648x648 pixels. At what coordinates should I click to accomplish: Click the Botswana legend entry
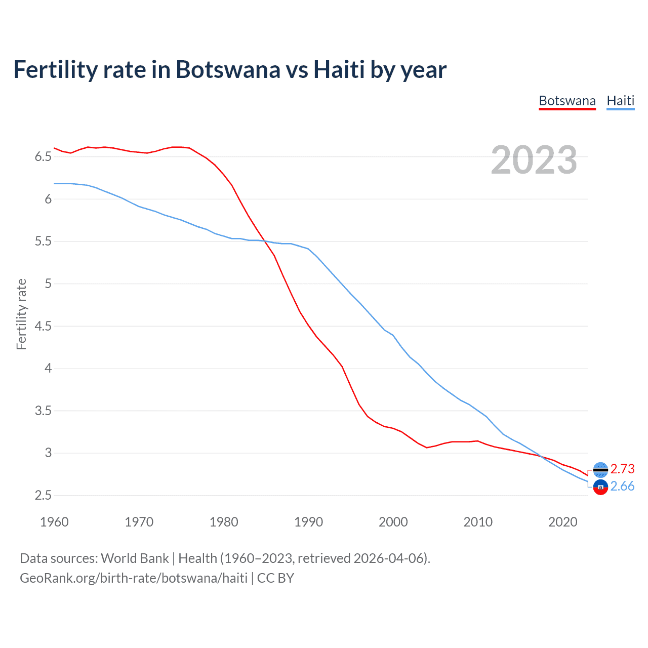pos(567,101)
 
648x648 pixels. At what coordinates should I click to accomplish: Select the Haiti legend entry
pos(620,101)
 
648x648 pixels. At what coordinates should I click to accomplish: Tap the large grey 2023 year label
pos(534,160)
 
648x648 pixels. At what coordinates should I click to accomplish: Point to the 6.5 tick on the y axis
pos(43,157)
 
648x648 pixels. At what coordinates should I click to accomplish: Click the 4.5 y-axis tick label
pos(43,326)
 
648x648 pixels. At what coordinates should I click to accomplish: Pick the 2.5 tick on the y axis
pos(43,495)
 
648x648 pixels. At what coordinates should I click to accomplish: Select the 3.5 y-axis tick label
pos(43,411)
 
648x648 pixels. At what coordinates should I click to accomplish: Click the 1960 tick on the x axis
pos(54,522)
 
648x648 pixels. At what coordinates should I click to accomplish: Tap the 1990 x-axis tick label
pos(308,522)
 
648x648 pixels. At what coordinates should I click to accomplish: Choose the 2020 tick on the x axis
pos(562,522)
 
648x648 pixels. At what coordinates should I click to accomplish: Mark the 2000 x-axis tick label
pos(393,522)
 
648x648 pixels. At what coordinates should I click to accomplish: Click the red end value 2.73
pos(622,469)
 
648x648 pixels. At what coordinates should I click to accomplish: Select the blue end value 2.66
pos(622,487)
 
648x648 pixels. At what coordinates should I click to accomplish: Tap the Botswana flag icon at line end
pos(600,470)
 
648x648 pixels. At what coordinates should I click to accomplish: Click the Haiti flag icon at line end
pos(600,488)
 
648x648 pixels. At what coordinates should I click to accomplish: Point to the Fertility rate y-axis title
pos(21,314)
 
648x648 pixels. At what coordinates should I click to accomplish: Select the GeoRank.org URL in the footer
pos(134,578)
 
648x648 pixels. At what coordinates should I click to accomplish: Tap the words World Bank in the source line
pos(135,558)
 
